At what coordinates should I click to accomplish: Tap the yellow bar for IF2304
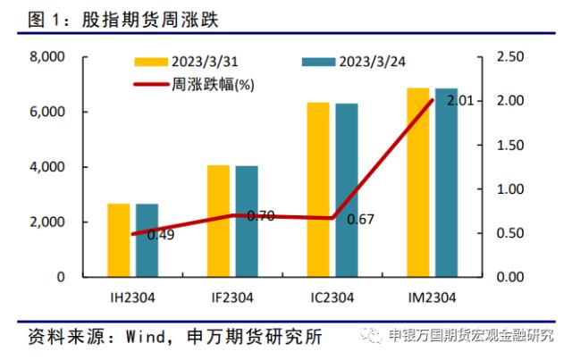point(218,221)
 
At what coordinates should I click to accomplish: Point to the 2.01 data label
point(460,101)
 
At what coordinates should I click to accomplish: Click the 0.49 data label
point(160,235)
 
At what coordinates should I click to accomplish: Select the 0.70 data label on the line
point(260,216)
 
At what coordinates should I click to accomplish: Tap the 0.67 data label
point(360,219)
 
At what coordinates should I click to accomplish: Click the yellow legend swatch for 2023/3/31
point(152,62)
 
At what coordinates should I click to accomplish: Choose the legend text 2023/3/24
point(373,62)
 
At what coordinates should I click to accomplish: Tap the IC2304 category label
point(332,297)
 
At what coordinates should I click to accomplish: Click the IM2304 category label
point(433,297)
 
